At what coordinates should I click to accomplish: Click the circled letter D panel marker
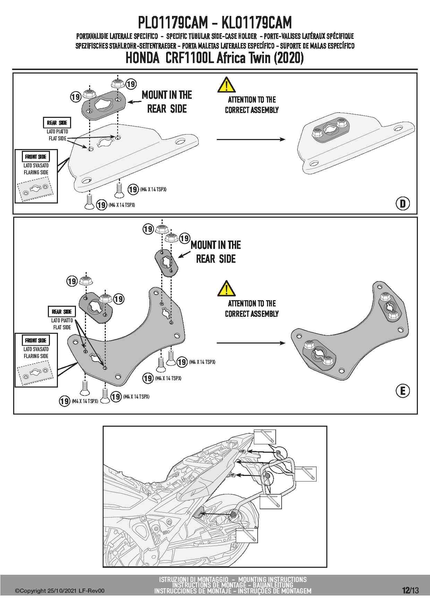coord(403,203)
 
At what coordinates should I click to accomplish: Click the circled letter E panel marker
coord(403,391)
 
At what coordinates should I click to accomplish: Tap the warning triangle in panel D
coord(226,85)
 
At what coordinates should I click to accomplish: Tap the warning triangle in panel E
coord(226,288)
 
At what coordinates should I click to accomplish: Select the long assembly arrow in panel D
coord(251,139)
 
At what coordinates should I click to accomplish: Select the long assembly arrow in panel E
coord(251,343)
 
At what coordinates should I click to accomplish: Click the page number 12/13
coord(410,590)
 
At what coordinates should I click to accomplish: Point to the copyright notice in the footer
coord(59,591)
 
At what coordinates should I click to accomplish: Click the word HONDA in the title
coord(142,58)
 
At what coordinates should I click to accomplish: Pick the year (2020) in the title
coord(289,58)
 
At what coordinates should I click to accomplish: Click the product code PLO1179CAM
coord(173,23)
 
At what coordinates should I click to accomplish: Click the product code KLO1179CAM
coord(256,23)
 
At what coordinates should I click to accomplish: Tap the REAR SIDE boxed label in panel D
coord(57,123)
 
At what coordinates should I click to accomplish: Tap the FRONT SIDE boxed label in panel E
coord(36,340)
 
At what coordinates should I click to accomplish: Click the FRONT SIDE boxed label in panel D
coord(36,157)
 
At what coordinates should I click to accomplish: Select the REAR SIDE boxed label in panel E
coord(62,312)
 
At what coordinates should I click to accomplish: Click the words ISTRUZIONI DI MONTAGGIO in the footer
coord(193,579)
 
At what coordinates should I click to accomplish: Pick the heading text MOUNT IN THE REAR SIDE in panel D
coord(167,102)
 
